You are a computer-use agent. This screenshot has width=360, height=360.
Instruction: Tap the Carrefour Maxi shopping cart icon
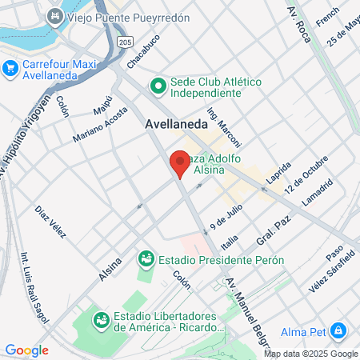click(x=11, y=69)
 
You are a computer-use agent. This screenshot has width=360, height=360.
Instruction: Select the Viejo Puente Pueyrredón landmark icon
click(x=55, y=16)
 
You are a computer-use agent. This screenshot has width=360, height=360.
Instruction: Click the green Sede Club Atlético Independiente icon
click(x=158, y=85)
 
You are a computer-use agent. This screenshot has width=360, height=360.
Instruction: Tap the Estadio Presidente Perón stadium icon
click(x=146, y=258)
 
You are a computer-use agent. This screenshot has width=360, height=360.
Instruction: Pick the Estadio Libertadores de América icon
click(x=102, y=320)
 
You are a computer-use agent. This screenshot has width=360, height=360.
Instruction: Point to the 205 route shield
click(x=124, y=41)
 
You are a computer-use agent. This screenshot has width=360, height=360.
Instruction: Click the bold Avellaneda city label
click(x=177, y=125)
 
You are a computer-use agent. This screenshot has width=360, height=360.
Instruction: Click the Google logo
click(x=26, y=350)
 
